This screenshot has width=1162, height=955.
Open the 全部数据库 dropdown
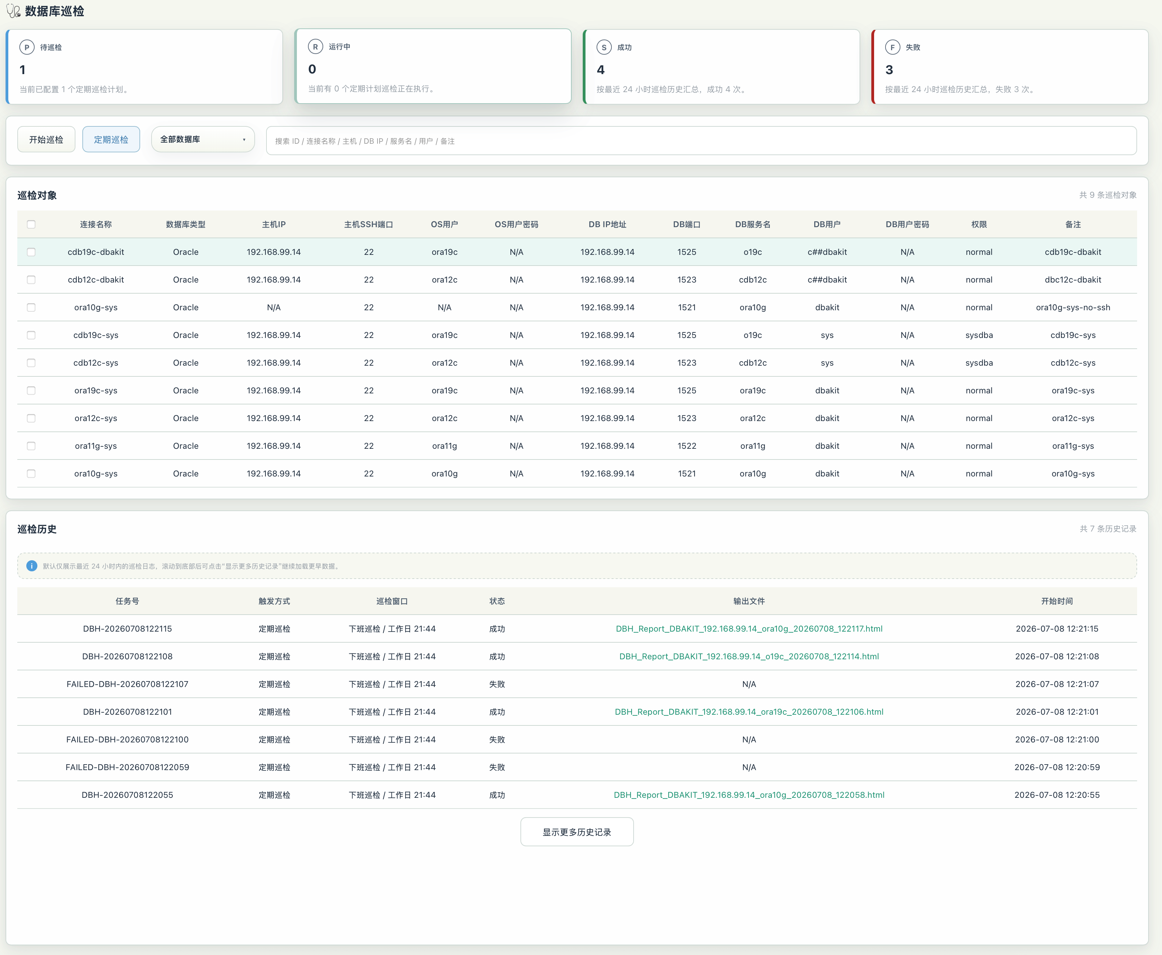point(203,139)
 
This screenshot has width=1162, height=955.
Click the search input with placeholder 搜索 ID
point(701,141)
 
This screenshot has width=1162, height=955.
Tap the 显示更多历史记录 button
point(577,832)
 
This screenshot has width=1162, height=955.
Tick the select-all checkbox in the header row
point(31,224)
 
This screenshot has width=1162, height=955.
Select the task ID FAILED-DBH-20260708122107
point(128,684)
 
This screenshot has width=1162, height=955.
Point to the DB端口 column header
point(687,224)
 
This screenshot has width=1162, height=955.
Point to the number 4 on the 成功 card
point(601,70)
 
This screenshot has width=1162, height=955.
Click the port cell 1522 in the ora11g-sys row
point(687,446)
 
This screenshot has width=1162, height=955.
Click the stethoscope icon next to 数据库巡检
point(13,11)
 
